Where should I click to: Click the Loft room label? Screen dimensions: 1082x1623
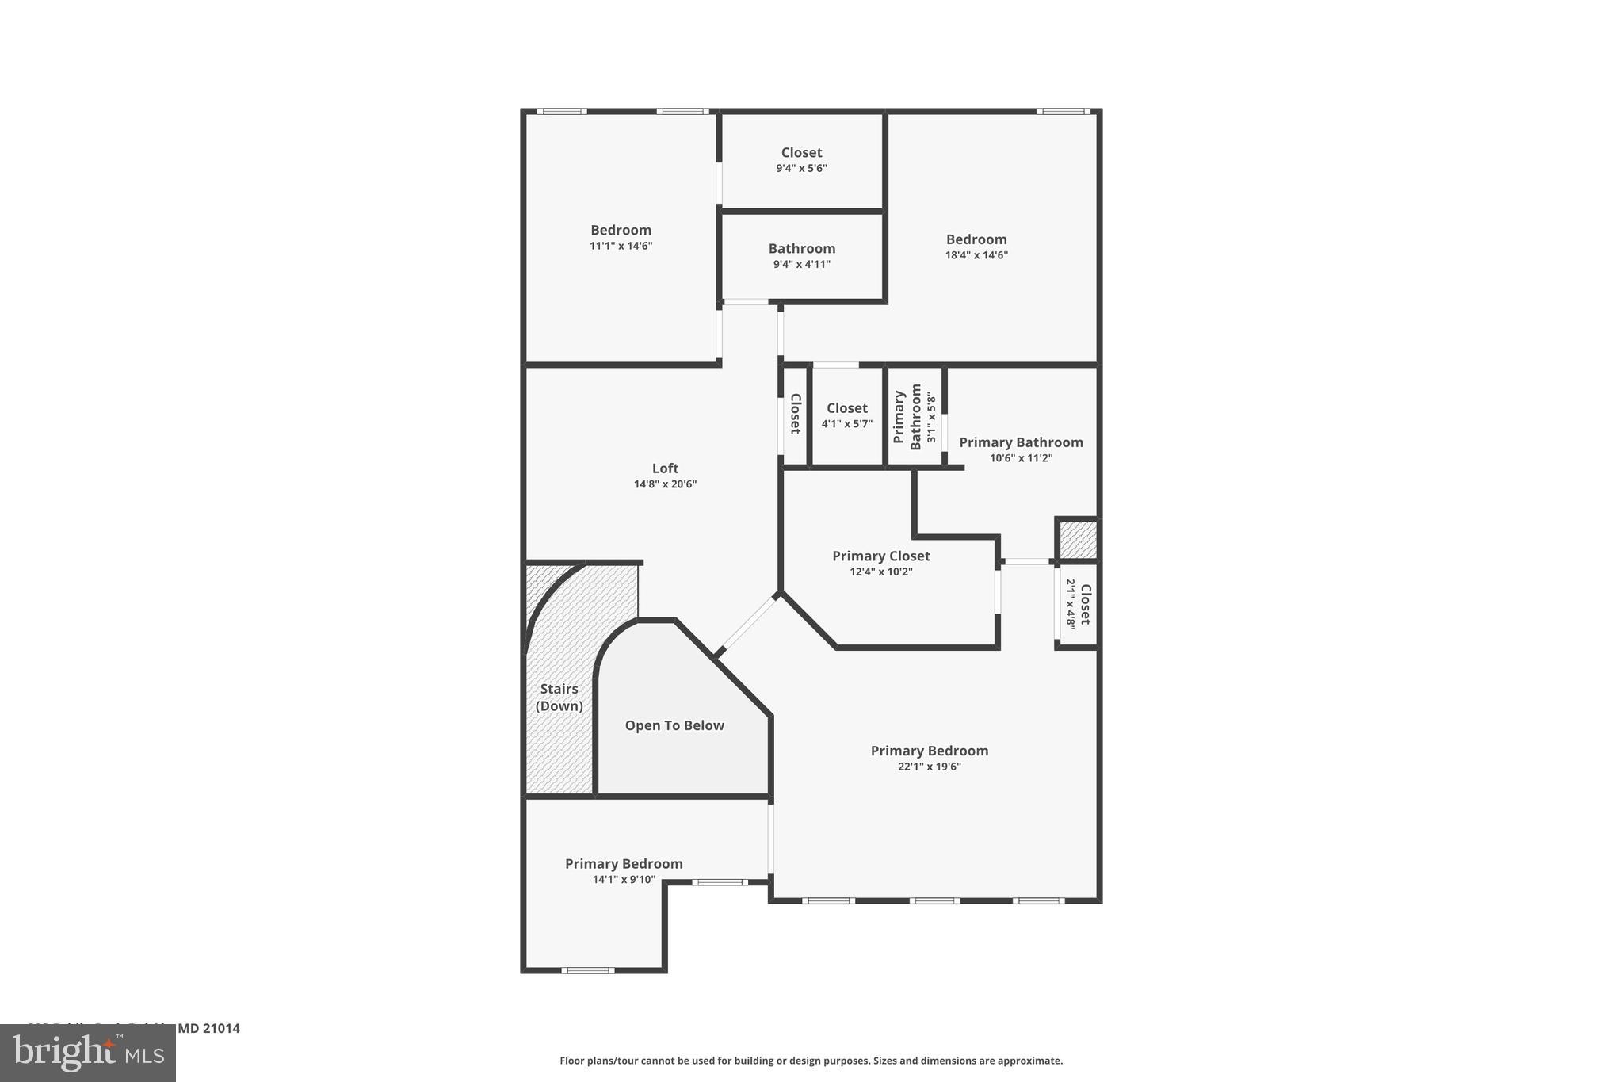click(x=665, y=468)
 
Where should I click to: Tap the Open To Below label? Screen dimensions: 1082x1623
click(x=674, y=725)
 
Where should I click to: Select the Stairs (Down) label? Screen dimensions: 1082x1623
click(x=559, y=698)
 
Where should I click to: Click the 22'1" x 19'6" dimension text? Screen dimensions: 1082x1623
click(x=929, y=767)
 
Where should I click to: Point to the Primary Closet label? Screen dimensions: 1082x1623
click(x=880, y=556)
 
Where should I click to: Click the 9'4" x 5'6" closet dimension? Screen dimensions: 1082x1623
click(x=801, y=168)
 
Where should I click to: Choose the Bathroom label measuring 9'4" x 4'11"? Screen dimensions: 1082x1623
click(x=801, y=248)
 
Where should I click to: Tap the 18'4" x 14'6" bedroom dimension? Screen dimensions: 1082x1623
click(x=976, y=255)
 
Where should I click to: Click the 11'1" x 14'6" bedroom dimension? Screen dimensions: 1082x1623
click(x=621, y=246)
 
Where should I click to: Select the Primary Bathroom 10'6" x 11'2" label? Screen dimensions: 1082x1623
click(x=1021, y=442)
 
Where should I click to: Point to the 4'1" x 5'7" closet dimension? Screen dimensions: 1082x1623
click(x=846, y=424)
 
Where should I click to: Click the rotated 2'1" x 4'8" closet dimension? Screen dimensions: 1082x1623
click(x=1071, y=604)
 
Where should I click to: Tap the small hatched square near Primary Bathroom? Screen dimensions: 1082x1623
click(x=1078, y=540)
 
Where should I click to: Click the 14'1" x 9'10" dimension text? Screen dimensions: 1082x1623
click(x=624, y=879)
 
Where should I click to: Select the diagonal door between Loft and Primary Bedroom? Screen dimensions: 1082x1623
click(x=747, y=624)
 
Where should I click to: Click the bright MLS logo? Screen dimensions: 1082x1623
click(x=87, y=1053)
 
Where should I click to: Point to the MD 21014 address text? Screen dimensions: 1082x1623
click(x=208, y=1028)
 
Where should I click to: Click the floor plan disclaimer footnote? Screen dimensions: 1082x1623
click(x=811, y=1061)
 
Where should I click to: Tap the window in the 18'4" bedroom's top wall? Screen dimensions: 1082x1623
click(x=1063, y=111)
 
